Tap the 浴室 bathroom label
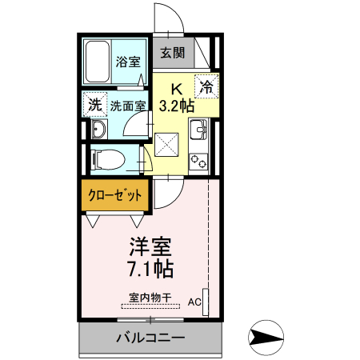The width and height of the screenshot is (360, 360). point(127,62)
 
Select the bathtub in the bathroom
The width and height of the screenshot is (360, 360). point(98,62)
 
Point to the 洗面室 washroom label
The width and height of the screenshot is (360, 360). point(127,105)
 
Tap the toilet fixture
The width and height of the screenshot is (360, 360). point(108,159)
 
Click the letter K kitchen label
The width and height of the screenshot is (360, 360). point(178,89)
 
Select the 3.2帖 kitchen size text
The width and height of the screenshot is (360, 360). point(177,105)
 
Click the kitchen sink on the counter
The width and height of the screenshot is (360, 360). point(199,128)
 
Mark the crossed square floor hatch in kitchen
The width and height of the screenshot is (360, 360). point(170,145)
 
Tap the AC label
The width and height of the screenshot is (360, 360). point(194,302)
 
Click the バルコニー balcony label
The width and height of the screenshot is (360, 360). point(150,338)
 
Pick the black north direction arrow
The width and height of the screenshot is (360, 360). point(267,338)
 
